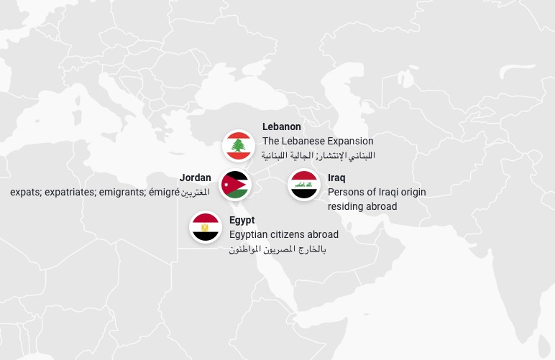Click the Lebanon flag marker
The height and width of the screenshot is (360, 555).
(237, 146)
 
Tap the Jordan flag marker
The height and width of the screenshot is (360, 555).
(235, 185)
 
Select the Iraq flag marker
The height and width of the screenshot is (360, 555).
(303, 185)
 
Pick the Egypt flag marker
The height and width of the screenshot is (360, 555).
(205, 227)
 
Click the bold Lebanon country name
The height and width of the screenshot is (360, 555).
(282, 127)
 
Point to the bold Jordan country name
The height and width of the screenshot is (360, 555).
(196, 178)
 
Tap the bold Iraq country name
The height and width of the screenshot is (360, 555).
(336, 178)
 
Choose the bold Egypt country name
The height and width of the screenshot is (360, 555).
(242, 221)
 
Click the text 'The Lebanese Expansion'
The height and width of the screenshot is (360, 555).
(318, 141)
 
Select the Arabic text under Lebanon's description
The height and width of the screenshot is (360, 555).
(318, 155)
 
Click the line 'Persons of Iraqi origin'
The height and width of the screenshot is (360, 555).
(377, 192)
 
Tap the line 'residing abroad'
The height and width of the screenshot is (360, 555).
(362, 206)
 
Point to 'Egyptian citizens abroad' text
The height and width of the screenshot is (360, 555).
(284, 234)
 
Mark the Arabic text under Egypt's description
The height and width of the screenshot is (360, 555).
(277, 249)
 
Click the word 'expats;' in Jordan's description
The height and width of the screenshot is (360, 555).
(26, 192)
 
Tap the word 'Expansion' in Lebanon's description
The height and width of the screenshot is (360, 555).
(349, 141)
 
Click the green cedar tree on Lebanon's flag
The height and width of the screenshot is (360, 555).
(237, 147)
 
